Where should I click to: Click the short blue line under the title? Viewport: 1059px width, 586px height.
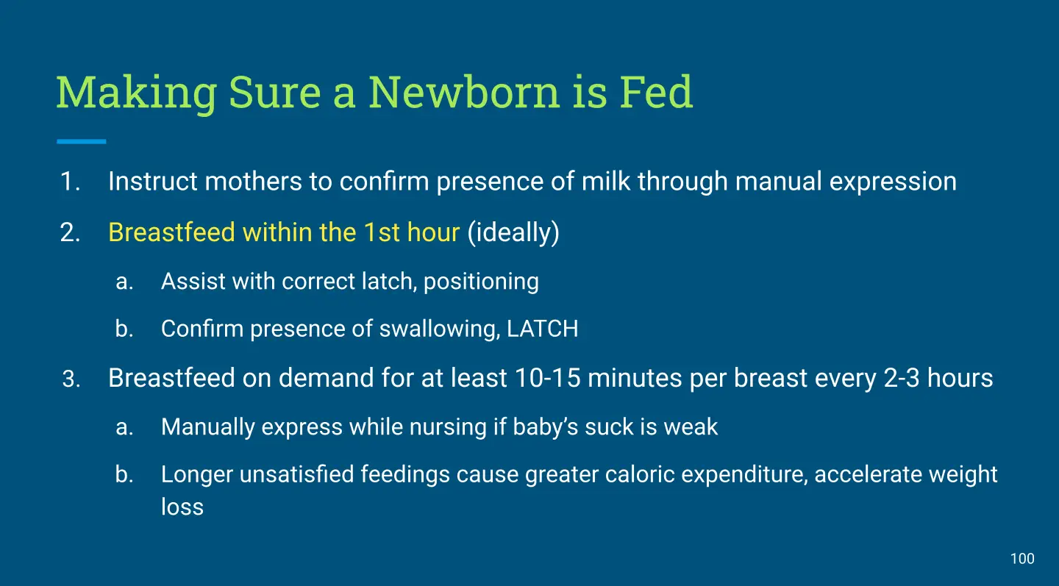point(82,141)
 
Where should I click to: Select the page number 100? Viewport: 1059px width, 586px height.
point(1022,559)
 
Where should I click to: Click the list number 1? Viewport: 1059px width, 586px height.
point(71,182)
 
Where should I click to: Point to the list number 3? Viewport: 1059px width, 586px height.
point(71,379)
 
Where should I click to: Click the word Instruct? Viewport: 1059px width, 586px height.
point(153,181)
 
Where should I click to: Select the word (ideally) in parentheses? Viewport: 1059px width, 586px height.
point(513,233)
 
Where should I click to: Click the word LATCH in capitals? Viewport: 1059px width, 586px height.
point(543,329)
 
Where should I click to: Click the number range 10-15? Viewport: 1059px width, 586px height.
point(547,378)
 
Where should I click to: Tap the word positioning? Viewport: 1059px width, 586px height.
point(481,282)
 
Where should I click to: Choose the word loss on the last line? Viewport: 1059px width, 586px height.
point(182,507)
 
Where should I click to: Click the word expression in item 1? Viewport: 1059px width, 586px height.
point(893,182)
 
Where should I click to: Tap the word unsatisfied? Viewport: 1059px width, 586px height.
point(297,474)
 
